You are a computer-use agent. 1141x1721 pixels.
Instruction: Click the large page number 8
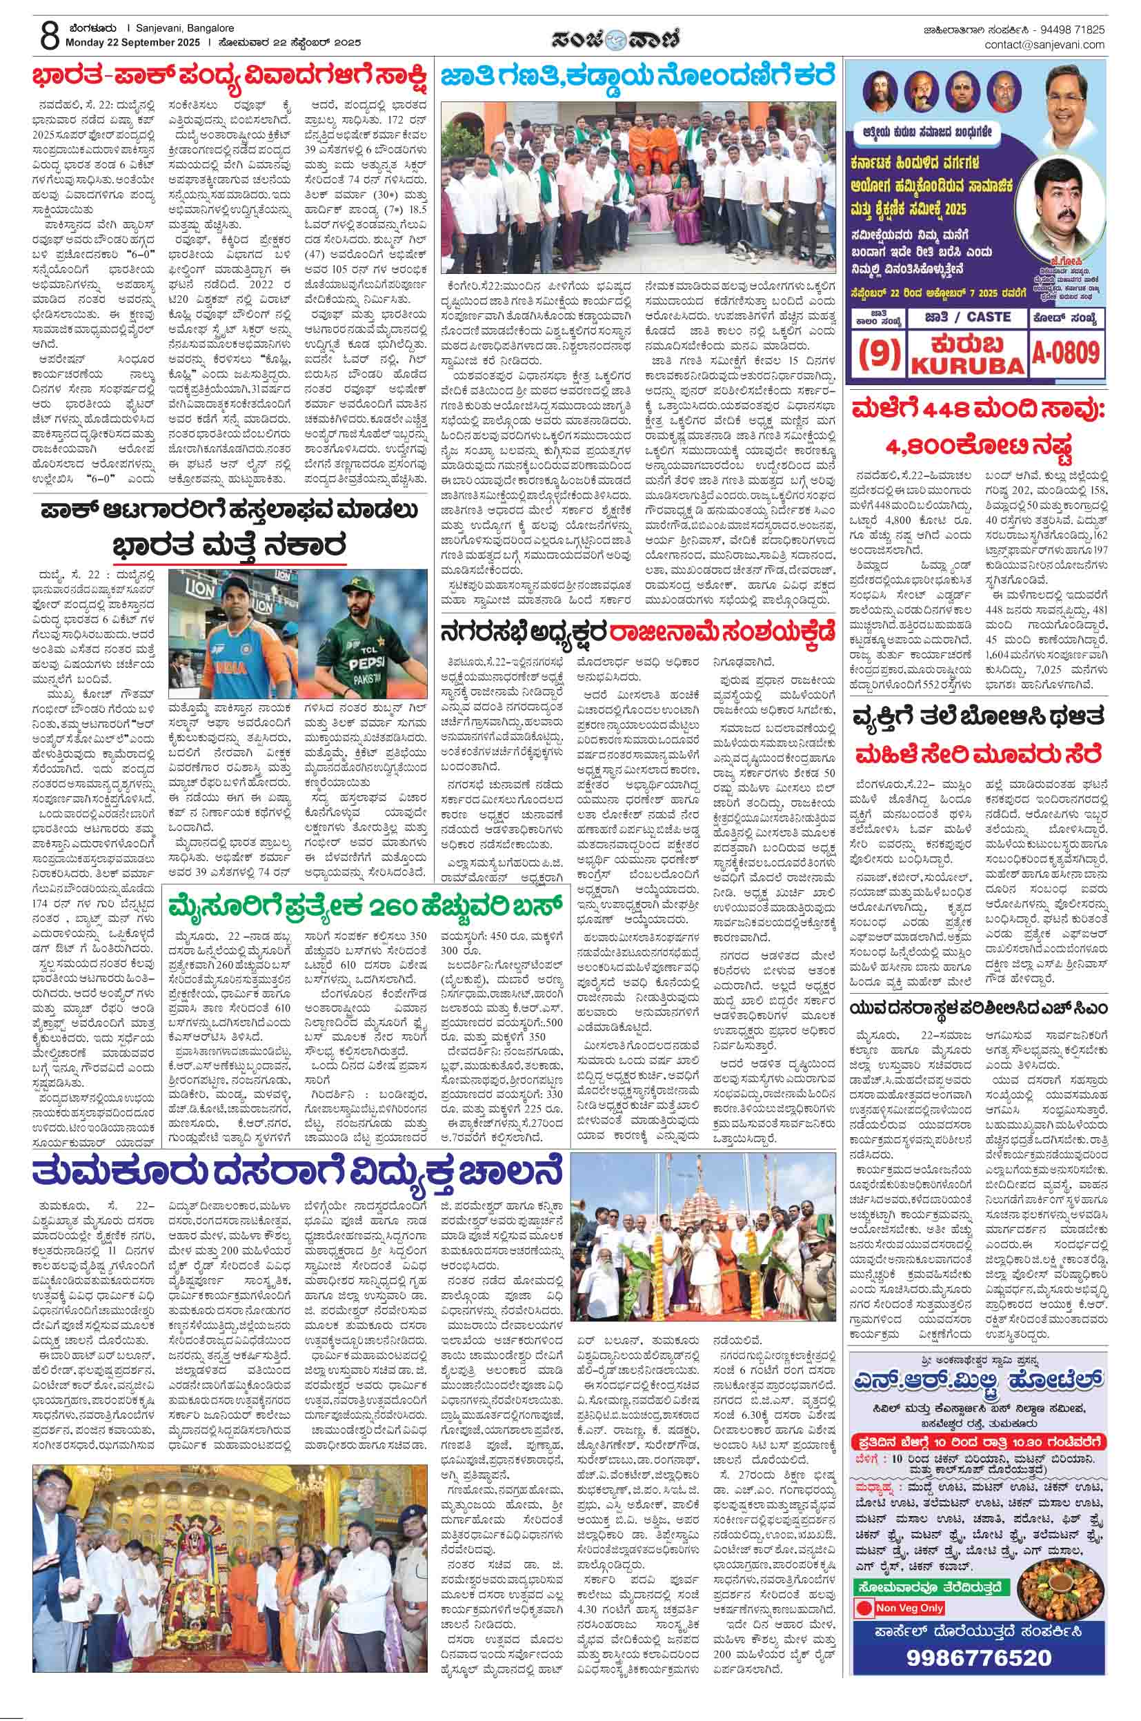click(x=49, y=35)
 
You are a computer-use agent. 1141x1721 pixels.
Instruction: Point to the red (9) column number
click(x=880, y=355)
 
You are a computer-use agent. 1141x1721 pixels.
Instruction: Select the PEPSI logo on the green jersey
click(x=368, y=663)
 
